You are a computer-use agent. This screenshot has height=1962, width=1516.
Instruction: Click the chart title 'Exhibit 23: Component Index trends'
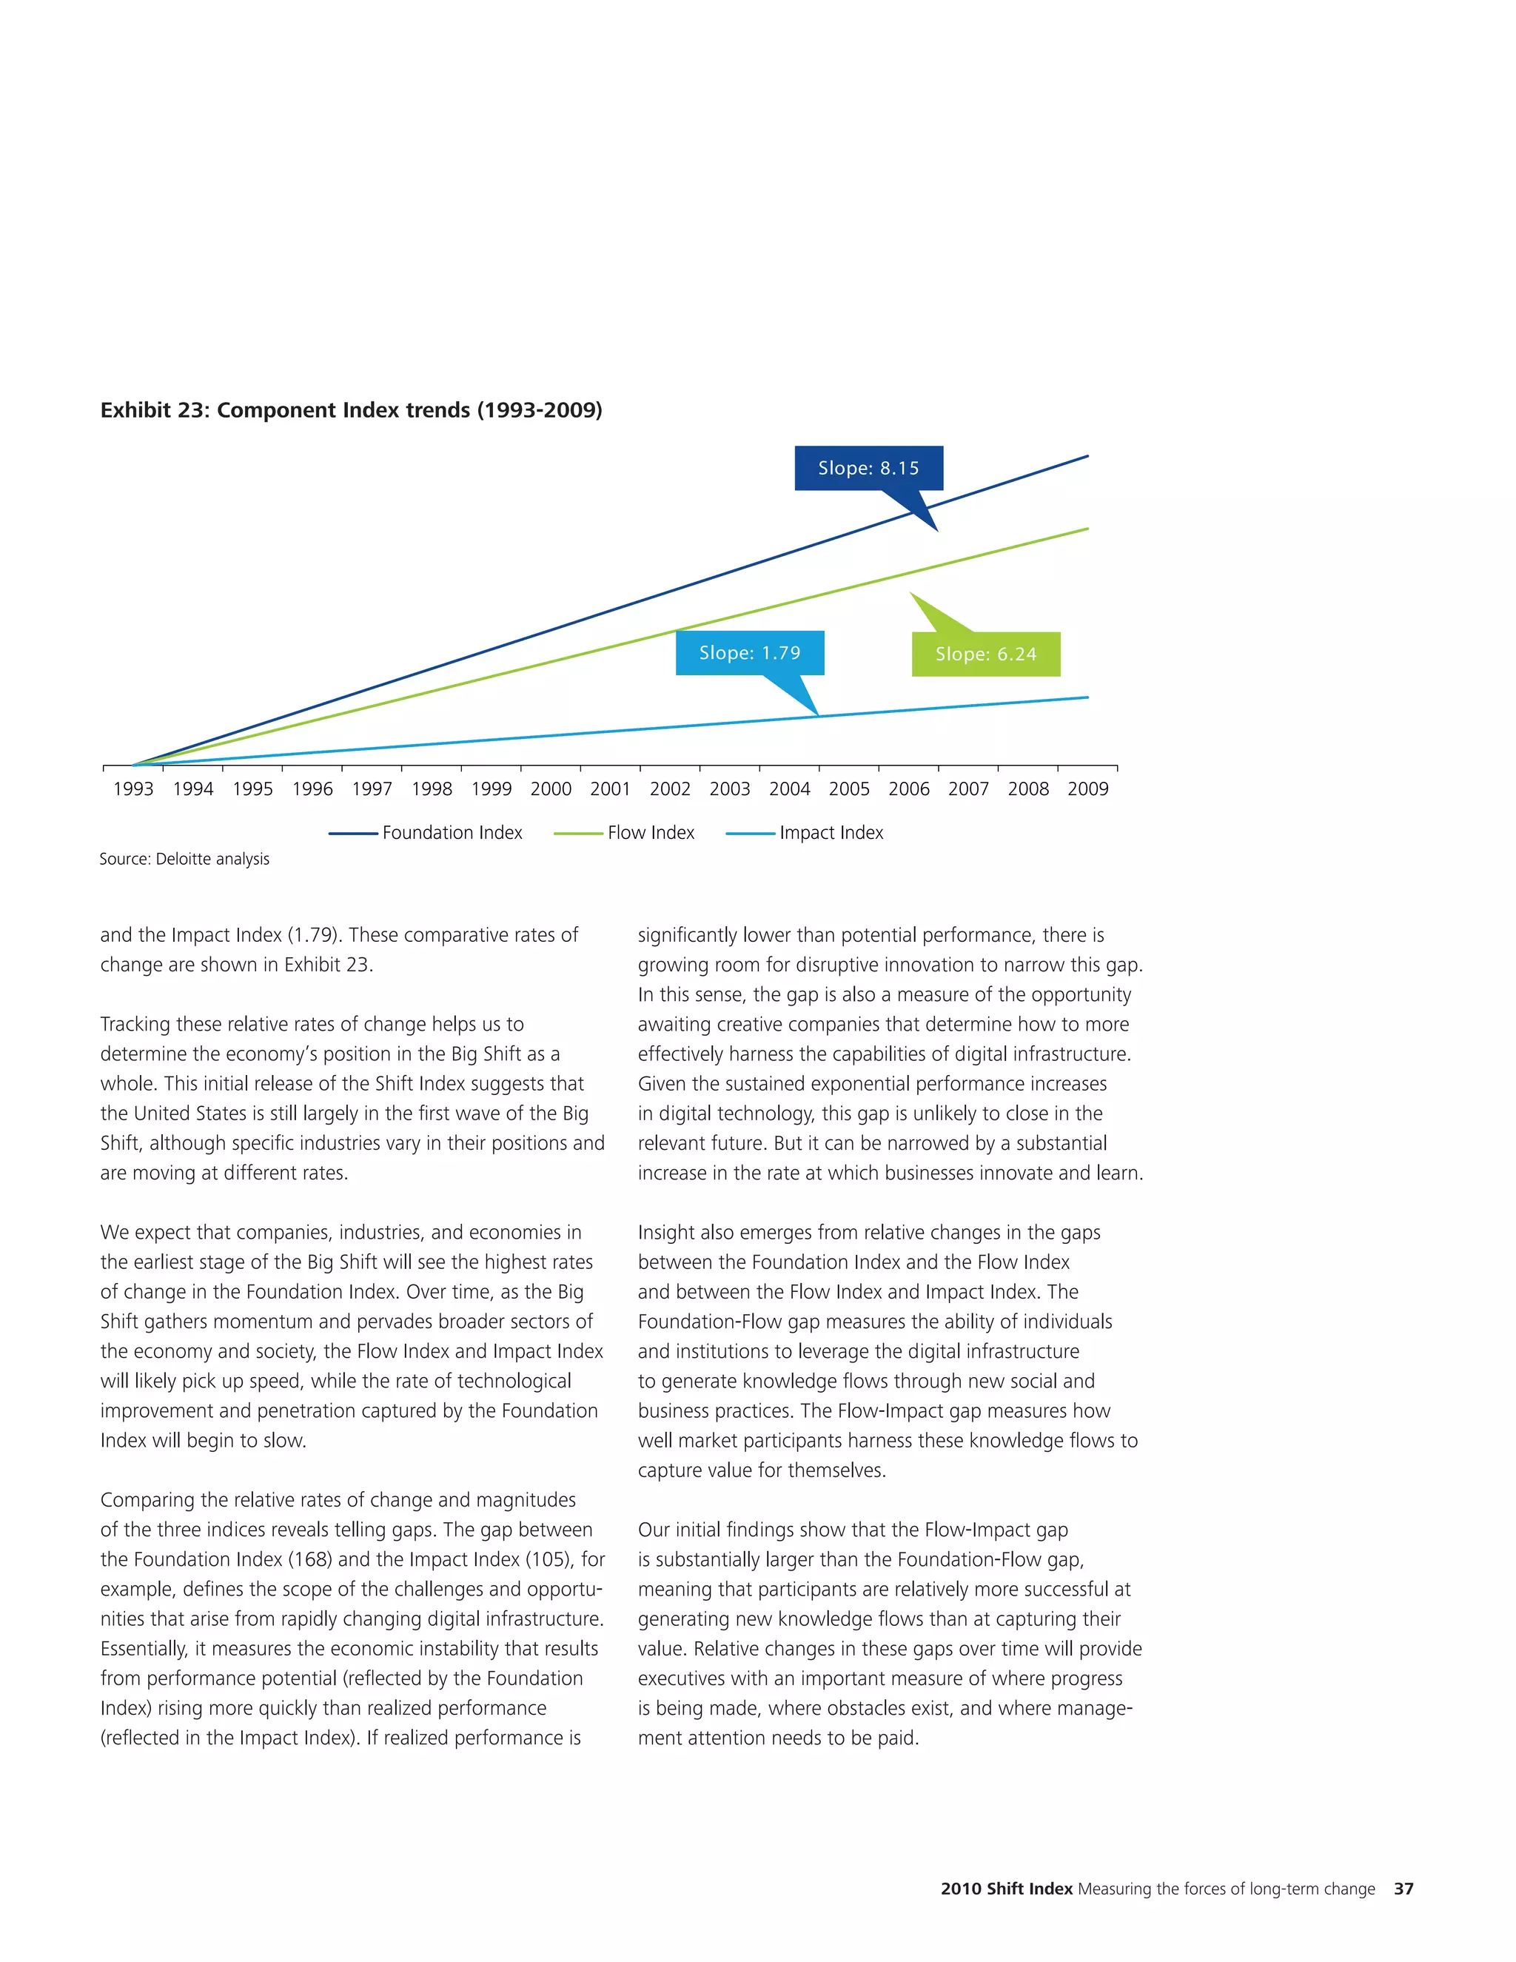pyautogui.click(x=351, y=411)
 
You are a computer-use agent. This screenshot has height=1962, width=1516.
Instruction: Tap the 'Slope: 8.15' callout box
pyautogui.click(x=868, y=468)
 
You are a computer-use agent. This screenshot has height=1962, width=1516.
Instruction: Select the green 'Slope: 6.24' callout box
pyautogui.click(x=985, y=654)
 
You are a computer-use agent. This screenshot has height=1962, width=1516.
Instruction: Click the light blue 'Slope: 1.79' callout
pyautogui.click(x=749, y=653)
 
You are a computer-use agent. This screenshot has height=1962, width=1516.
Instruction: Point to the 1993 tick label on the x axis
pyautogui.click(x=133, y=789)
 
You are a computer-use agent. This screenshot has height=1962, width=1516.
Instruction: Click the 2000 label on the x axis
pyautogui.click(x=551, y=789)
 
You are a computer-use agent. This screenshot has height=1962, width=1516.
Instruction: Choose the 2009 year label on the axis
pyautogui.click(x=1087, y=789)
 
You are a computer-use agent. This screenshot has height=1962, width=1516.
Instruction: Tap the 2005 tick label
pyautogui.click(x=849, y=789)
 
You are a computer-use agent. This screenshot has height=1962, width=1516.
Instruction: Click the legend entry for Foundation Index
pyautogui.click(x=452, y=833)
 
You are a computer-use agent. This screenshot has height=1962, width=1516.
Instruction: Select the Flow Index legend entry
pyautogui.click(x=650, y=833)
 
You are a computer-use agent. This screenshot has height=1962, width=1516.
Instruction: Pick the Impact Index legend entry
pyautogui.click(x=831, y=833)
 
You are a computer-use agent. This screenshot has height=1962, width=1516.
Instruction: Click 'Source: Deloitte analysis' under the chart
pyautogui.click(x=184, y=859)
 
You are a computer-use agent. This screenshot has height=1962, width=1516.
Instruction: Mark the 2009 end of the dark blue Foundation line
pyautogui.click(x=1087, y=456)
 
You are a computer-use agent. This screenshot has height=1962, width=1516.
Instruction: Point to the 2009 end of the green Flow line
pyautogui.click(x=1087, y=529)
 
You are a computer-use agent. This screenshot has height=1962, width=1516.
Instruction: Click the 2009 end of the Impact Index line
pyautogui.click(x=1087, y=697)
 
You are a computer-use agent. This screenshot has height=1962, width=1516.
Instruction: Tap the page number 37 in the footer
pyautogui.click(x=1403, y=1889)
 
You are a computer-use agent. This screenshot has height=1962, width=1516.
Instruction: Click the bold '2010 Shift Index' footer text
pyautogui.click(x=1006, y=1889)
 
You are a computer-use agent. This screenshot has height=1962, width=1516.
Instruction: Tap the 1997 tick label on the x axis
pyautogui.click(x=372, y=789)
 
